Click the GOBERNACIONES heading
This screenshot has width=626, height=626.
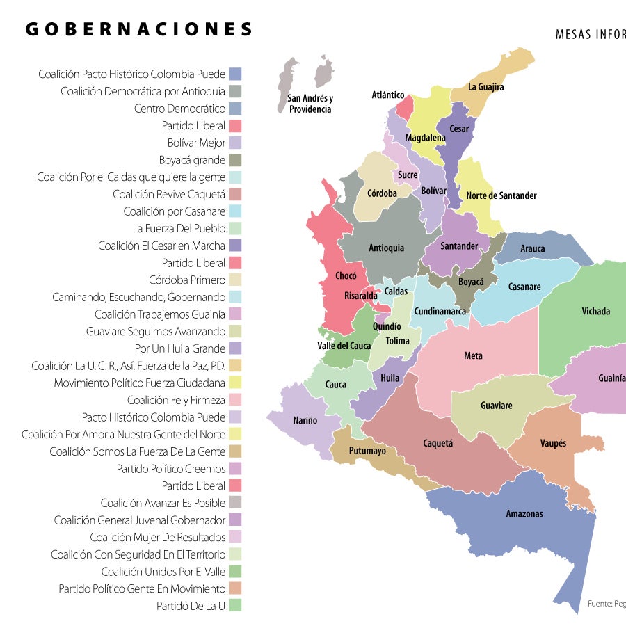[139, 29]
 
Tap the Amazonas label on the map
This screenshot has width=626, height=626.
[524, 514]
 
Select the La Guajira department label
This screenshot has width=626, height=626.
[485, 88]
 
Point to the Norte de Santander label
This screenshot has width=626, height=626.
[501, 195]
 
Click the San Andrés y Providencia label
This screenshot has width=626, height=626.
[310, 104]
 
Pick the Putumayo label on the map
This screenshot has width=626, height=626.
[367, 451]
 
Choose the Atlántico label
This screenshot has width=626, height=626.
[388, 95]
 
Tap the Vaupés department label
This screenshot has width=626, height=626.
[553, 443]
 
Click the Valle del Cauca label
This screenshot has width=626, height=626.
[344, 346]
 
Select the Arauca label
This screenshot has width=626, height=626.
[533, 248]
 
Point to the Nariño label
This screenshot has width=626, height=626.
[305, 420]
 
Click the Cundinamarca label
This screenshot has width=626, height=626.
[440, 312]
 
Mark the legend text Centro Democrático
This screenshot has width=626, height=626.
[179, 109]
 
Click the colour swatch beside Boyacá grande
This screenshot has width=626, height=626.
[235, 160]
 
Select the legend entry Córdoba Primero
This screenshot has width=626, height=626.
[187, 280]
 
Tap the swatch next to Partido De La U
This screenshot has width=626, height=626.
[235, 605]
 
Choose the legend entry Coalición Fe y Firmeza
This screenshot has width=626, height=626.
[176, 400]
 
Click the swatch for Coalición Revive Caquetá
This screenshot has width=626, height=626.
[235, 194]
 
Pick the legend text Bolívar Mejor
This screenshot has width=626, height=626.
[196, 143]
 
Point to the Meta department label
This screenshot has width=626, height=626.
[473, 356]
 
